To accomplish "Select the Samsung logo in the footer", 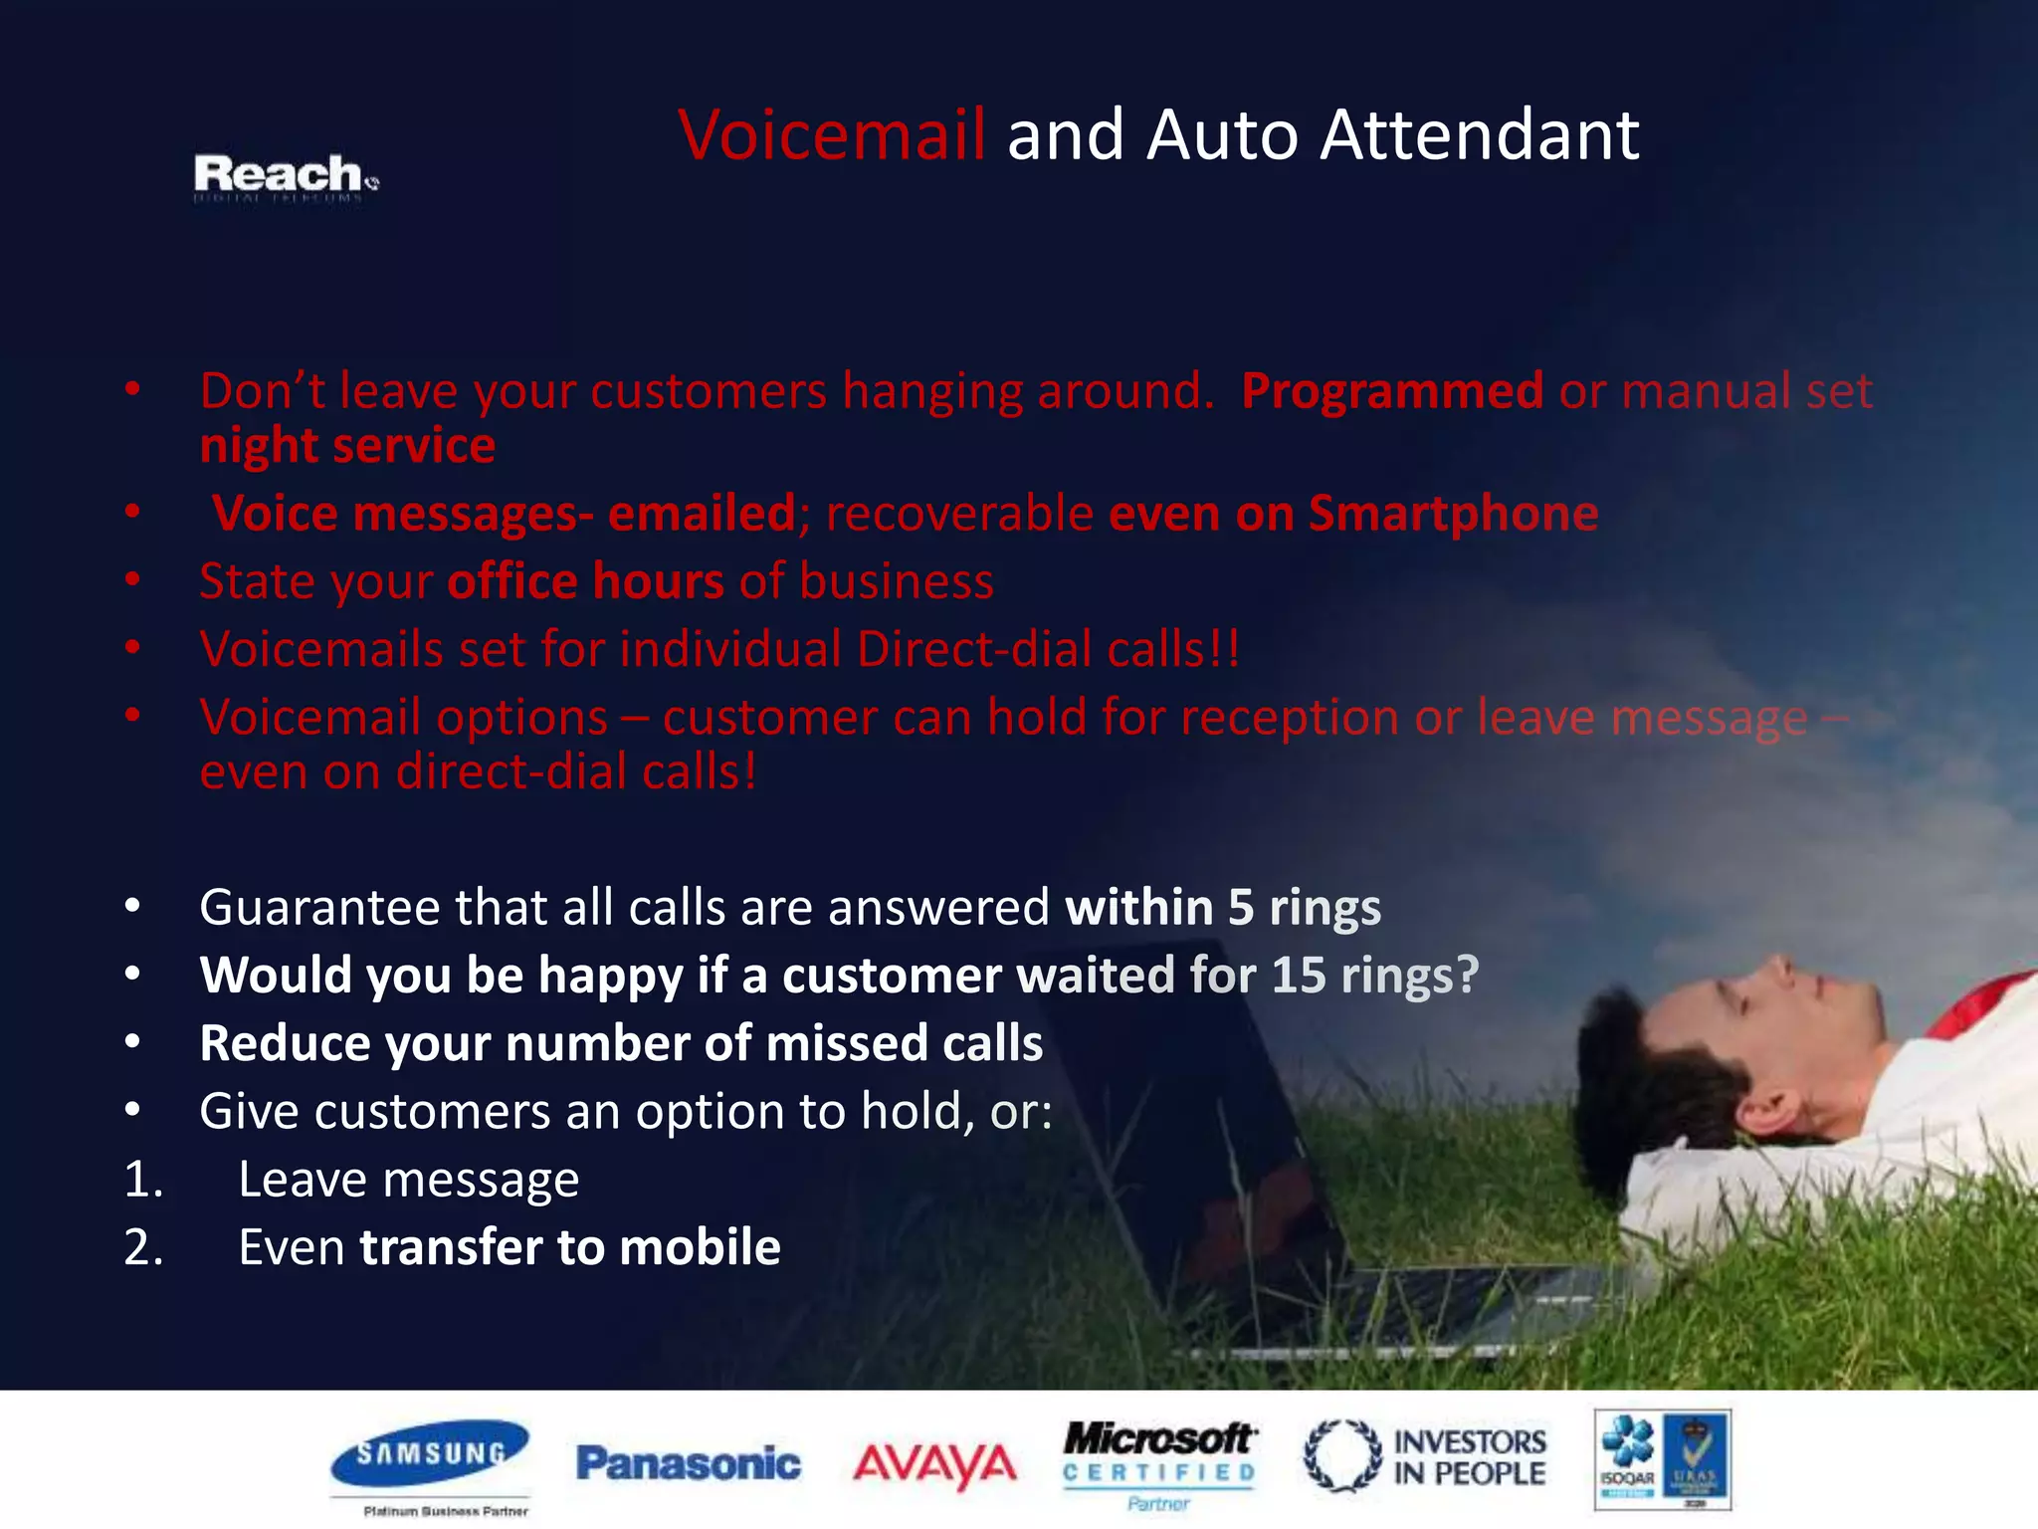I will [430, 1455].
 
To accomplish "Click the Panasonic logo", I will [688, 1463].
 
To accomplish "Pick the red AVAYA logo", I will [934, 1464].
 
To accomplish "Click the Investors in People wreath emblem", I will [1342, 1455].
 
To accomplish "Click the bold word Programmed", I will [1391, 390].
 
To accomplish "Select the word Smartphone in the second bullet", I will [1453, 514].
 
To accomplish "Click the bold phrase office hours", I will [586, 581].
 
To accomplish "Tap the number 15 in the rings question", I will [1299, 975].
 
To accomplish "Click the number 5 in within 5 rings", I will [1240, 908].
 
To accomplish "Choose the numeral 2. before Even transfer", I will [143, 1247].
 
